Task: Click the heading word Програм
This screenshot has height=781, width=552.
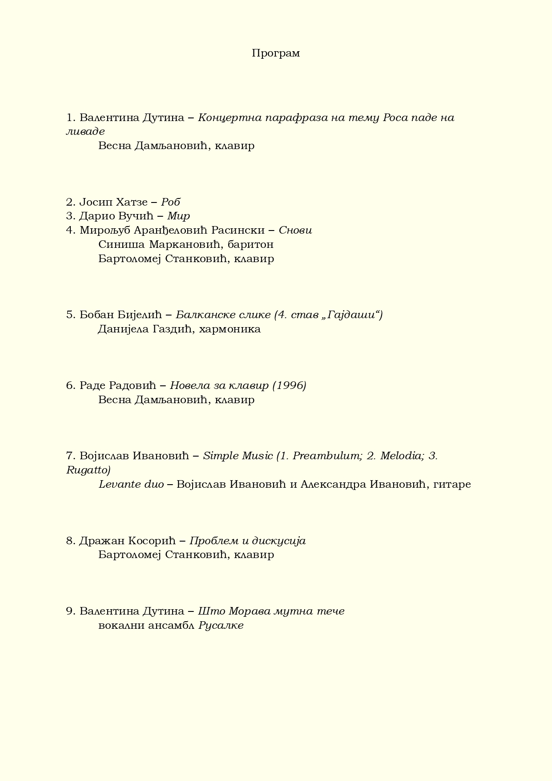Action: [x=276, y=53]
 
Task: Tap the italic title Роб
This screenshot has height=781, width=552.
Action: [x=170, y=202]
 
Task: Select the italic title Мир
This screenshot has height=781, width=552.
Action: [x=178, y=216]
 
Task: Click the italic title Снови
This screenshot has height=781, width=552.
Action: [x=295, y=231]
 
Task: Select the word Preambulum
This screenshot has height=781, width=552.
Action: [x=326, y=456]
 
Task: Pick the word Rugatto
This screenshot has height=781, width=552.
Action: [x=88, y=470]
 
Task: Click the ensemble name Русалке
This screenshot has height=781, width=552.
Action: [x=221, y=626]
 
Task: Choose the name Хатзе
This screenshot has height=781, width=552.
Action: [x=132, y=202]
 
